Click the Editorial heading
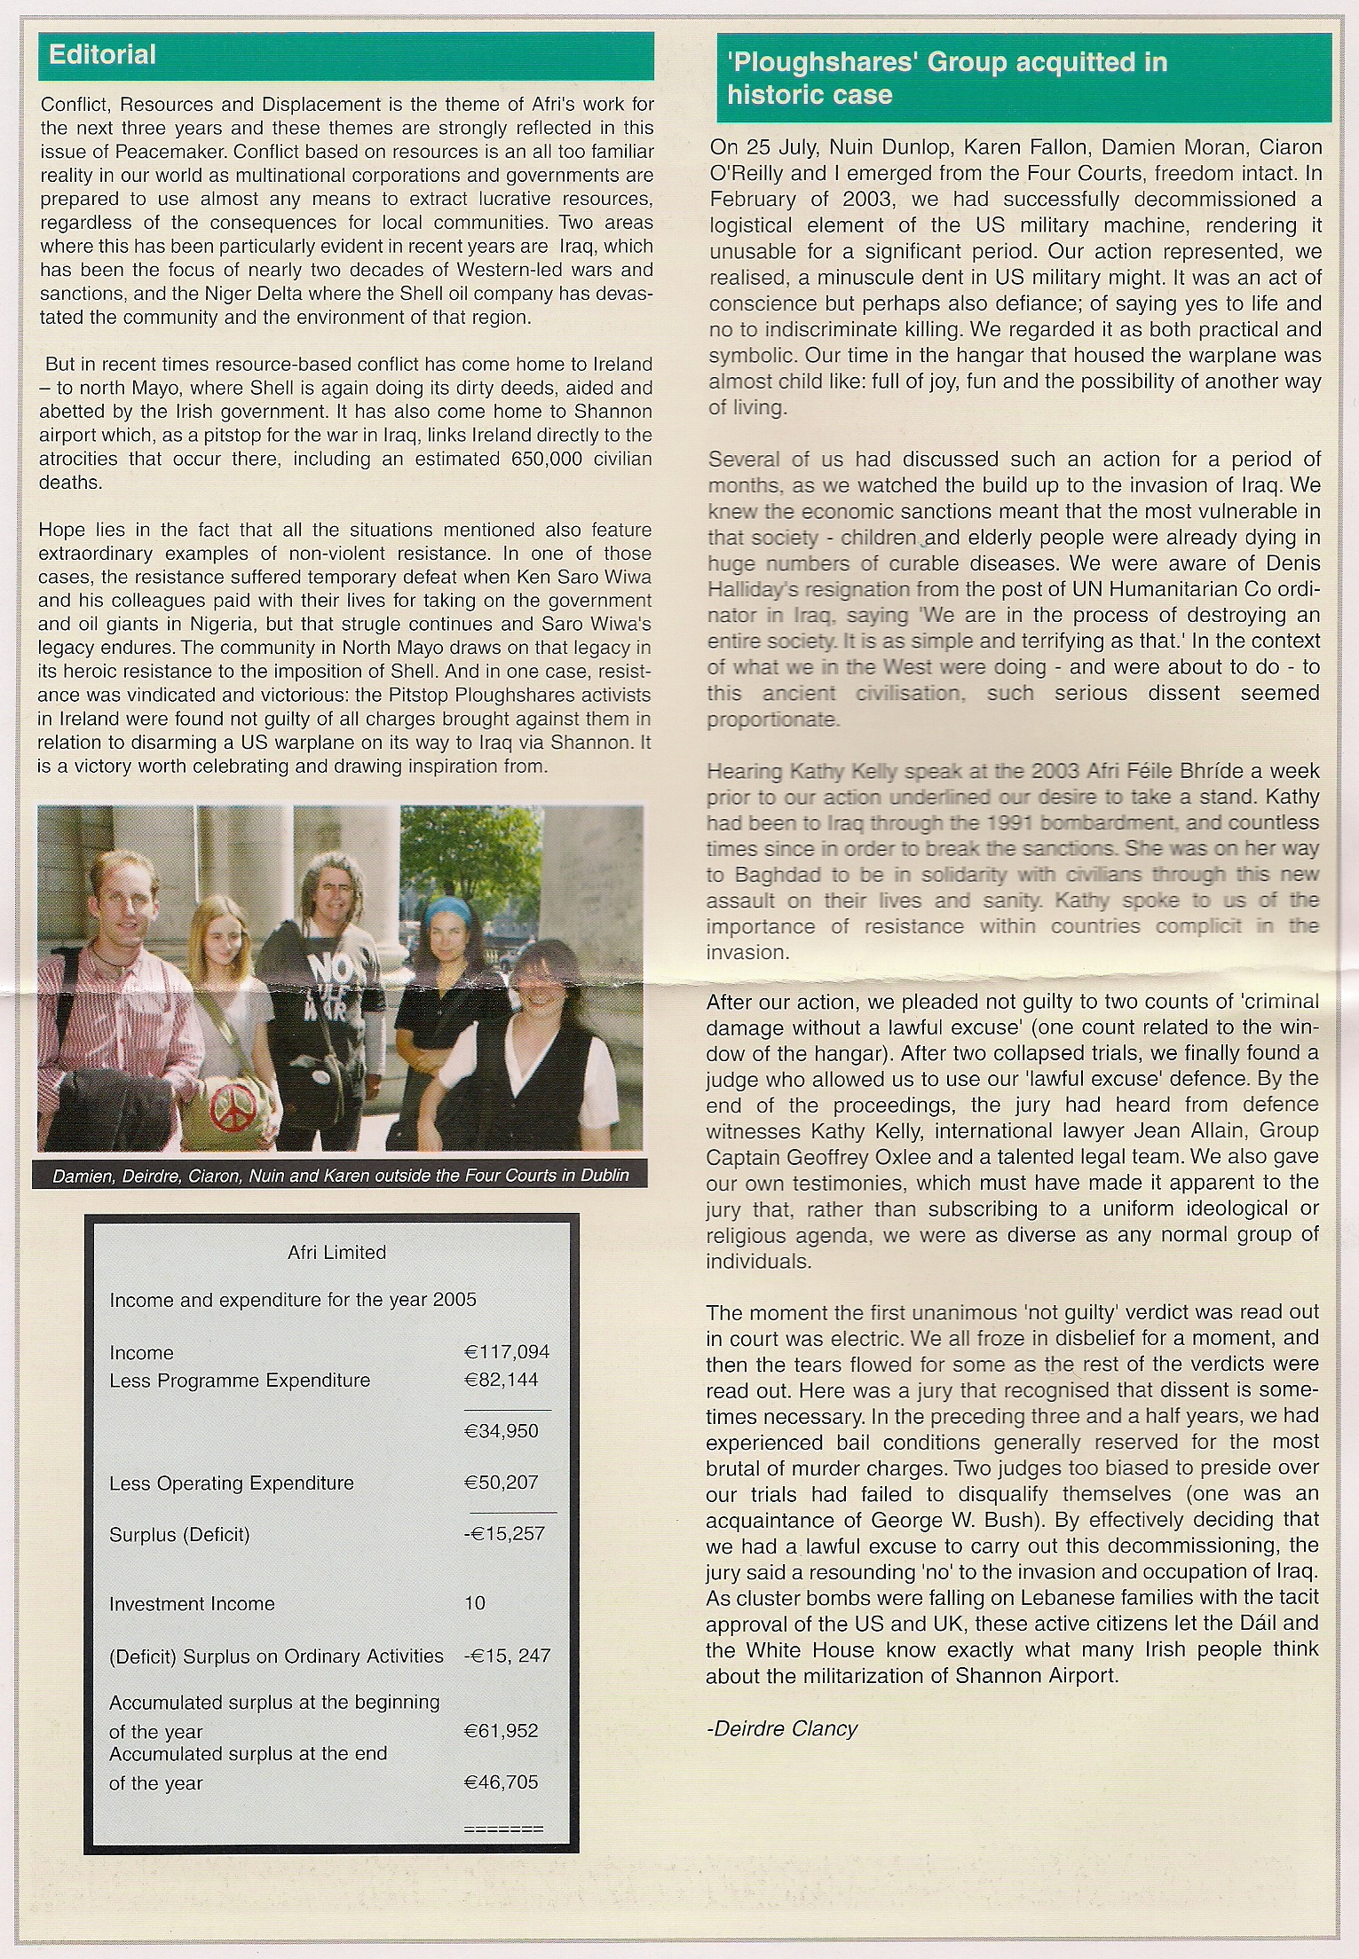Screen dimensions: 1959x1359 pyautogui.click(x=103, y=56)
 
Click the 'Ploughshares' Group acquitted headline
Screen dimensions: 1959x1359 pyautogui.click(x=946, y=78)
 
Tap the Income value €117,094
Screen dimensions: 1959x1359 pyautogui.click(x=507, y=1352)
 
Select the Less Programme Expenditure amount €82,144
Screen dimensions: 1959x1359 pyautogui.click(x=502, y=1380)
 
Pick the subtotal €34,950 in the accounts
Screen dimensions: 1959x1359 pyautogui.click(x=502, y=1431)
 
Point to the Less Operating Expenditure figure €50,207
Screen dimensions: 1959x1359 pyautogui.click(x=502, y=1483)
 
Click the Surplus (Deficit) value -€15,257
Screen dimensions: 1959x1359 pyautogui.click(x=503, y=1534)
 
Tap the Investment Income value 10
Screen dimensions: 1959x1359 pyautogui.click(x=475, y=1603)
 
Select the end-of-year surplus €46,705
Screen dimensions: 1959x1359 pyautogui.click(x=502, y=1782)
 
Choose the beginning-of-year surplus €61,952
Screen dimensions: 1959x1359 pyautogui.click(x=502, y=1731)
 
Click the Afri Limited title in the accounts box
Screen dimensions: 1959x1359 pyautogui.click(x=336, y=1252)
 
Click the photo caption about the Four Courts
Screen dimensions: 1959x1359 pyautogui.click(x=341, y=1175)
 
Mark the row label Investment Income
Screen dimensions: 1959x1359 pyautogui.click(x=192, y=1603)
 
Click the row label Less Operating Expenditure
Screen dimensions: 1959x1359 pyautogui.click(x=231, y=1483)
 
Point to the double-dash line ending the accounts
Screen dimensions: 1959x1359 pyautogui.click(x=503, y=1829)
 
